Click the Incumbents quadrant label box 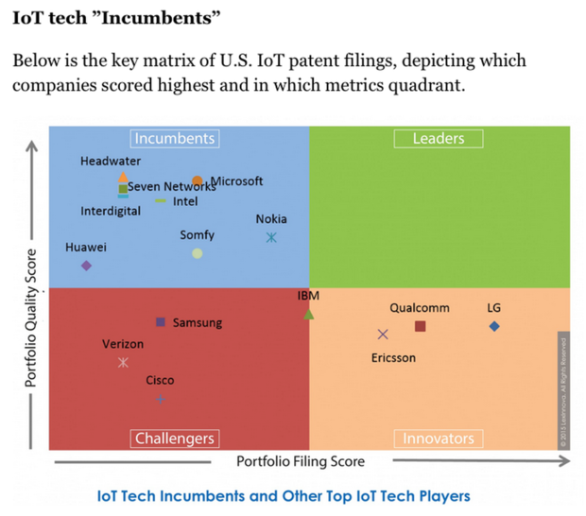[175, 139]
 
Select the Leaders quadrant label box [439, 139]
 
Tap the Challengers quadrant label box [175, 439]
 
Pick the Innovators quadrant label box [439, 439]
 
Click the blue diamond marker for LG [494, 327]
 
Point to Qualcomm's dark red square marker [421, 327]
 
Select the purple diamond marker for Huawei [87, 266]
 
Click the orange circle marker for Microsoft [198, 181]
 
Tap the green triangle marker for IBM [309, 314]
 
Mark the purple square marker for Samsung [161, 322]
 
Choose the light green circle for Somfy [198, 253]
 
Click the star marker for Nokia [271, 238]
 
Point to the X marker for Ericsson [383, 335]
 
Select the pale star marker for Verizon [123, 363]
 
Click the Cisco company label [160, 381]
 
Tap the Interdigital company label [111, 211]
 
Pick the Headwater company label [111, 161]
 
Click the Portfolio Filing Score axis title [301, 461]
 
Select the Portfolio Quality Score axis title [31, 318]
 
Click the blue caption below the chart [284, 495]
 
